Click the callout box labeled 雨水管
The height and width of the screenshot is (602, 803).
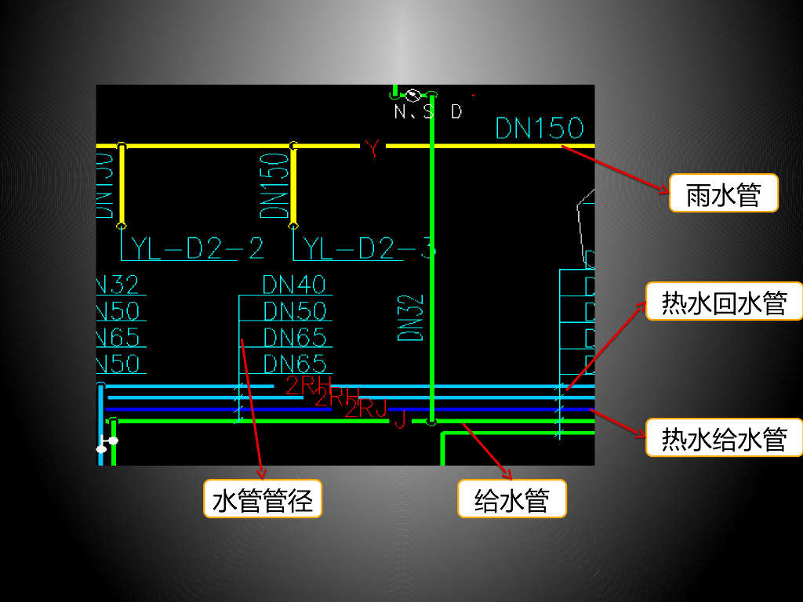pos(723,194)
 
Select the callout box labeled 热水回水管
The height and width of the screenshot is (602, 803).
pos(724,302)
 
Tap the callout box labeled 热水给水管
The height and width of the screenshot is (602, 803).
pos(724,438)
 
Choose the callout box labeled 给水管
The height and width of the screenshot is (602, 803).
pos(511,499)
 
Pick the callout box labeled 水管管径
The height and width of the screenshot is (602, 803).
pos(262,499)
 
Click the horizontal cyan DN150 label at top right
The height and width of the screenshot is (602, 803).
pos(540,129)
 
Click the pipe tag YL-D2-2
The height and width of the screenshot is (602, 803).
pos(197,248)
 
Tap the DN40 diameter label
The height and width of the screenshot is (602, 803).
pos(294,284)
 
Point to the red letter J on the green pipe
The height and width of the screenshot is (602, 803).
pos(399,421)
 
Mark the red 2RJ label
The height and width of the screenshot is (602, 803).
pos(367,408)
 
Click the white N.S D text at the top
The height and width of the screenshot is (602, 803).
pos(428,112)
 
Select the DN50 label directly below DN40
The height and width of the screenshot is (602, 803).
pos(294,310)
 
